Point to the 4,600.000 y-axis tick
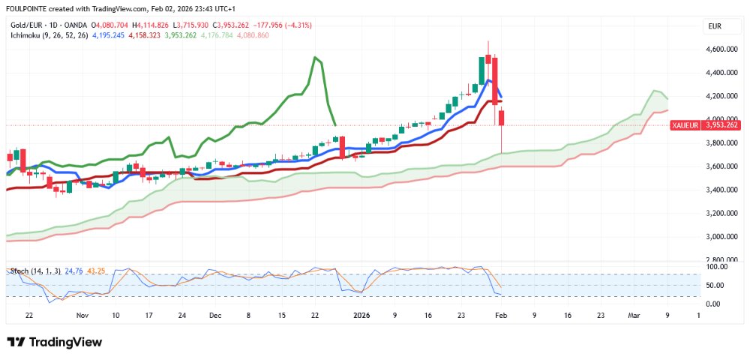(721, 49)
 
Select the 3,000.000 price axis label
(721, 237)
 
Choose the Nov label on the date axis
(82, 316)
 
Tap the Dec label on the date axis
(215, 316)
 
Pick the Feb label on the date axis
(501, 316)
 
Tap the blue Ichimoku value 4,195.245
(109, 35)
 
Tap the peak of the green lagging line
(315, 57)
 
